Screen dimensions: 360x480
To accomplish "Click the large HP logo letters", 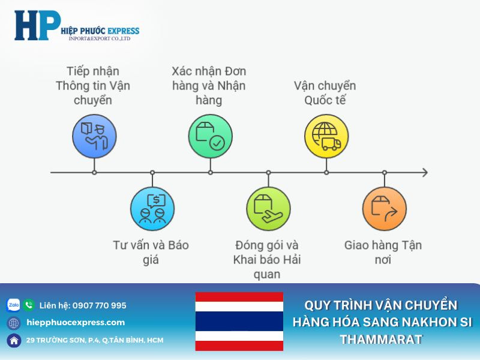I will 37,26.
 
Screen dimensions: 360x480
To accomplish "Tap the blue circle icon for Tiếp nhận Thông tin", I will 94,136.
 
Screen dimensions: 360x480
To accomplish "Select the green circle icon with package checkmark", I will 210,136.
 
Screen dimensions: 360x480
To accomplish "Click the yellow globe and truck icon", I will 326,136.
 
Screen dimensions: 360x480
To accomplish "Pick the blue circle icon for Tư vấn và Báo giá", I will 152,209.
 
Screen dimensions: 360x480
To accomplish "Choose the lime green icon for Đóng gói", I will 268,209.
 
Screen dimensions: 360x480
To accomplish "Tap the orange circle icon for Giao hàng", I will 384,209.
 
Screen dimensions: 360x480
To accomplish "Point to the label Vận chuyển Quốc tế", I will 325,93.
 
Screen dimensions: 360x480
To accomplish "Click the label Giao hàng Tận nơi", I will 383,252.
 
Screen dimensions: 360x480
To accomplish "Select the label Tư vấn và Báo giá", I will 151,252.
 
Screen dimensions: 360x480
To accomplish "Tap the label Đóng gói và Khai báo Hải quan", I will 267,260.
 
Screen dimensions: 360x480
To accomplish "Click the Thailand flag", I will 239,321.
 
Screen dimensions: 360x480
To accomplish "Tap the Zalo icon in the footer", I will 13,305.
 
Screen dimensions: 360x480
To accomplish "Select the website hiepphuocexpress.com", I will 76,323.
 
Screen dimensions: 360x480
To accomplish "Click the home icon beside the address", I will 13,340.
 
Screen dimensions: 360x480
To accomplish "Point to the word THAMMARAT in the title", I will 382,340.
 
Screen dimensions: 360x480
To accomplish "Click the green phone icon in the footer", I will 29,305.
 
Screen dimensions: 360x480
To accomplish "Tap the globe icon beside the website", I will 13,323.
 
